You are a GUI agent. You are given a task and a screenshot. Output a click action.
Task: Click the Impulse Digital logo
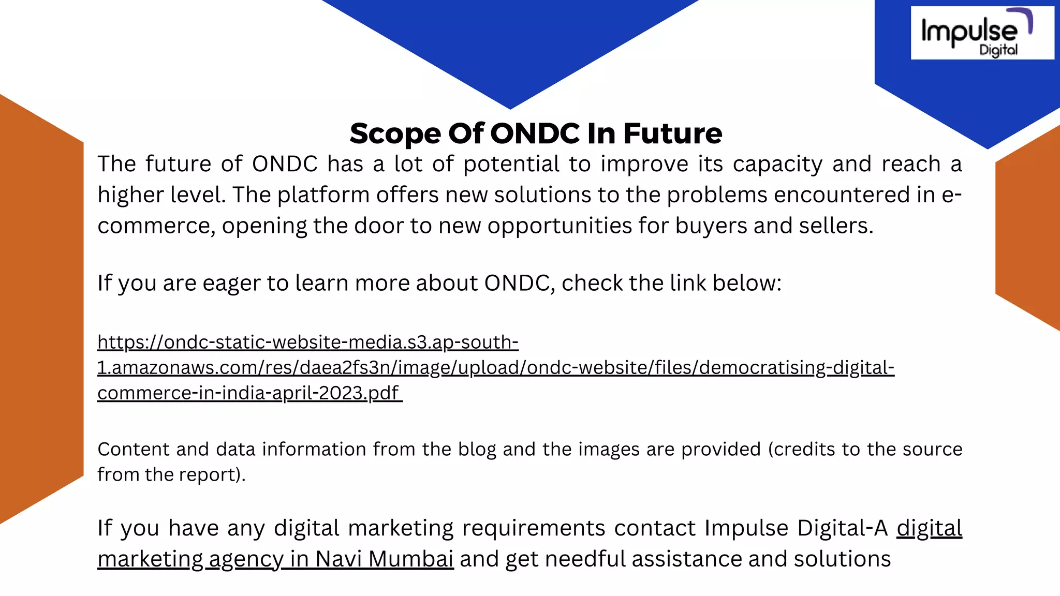coord(981,33)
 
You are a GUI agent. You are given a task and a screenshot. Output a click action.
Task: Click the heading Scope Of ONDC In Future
coord(536,133)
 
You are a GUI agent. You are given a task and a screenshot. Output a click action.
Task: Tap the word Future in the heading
coord(672,133)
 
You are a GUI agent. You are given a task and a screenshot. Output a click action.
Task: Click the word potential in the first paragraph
coord(511,165)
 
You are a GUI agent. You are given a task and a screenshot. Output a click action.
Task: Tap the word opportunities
coord(560,226)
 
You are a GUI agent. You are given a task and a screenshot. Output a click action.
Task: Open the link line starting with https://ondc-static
coord(308,342)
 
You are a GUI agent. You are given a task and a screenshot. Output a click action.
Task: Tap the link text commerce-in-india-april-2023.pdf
coord(248,393)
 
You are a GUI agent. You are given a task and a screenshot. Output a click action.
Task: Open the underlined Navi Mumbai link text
coord(384,559)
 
